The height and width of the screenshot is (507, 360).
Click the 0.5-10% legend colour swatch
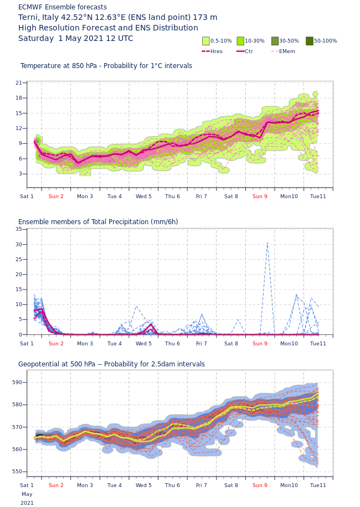point(206,41)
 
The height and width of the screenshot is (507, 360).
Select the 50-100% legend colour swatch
point(310,41)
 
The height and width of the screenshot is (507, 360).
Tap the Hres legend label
point(217,51)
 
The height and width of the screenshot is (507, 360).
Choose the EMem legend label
point(287,51)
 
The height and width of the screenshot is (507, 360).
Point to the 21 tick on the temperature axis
point(19,83)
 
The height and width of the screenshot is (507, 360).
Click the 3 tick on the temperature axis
point(20,174)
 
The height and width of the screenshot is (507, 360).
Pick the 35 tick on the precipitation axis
point(19,229)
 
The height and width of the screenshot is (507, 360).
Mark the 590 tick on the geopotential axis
point(17,382)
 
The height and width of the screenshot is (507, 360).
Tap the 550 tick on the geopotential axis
point(17,472)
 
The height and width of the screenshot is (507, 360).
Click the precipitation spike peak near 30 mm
point(268,242)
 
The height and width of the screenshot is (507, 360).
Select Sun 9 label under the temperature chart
point(260,196)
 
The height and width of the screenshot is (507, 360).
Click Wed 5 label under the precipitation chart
point(143,344)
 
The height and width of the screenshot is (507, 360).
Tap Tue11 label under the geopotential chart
point(318,485)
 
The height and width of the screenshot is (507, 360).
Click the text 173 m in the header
point(205,18)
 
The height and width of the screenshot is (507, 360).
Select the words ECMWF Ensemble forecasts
point(63,7)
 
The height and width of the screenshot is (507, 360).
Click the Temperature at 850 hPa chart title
point(106,66)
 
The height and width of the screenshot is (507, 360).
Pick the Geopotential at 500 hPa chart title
point(111,364)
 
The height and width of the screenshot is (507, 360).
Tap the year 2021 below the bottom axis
point(27,503)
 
